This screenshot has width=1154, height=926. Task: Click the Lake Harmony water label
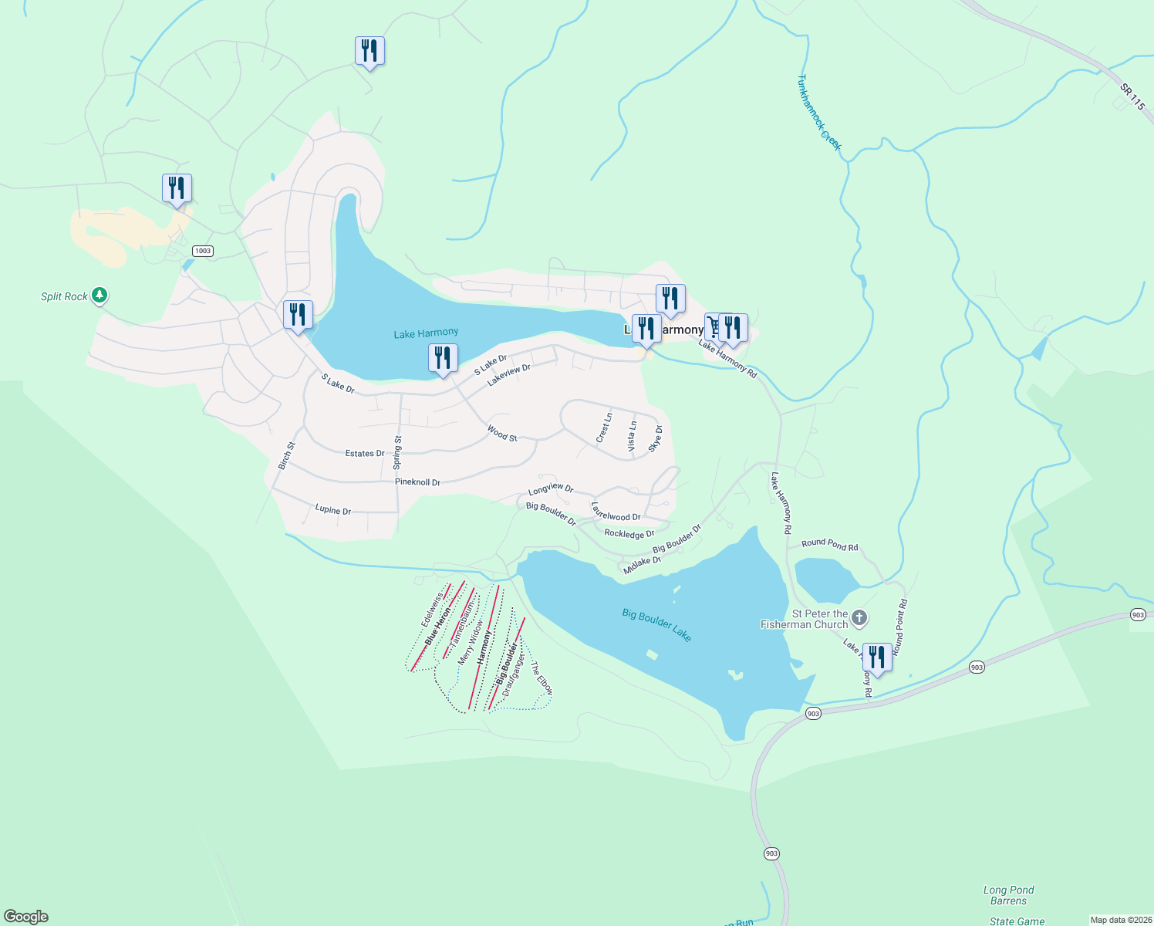tap(426, 333)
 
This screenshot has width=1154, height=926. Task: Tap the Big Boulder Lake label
tap(656, 625)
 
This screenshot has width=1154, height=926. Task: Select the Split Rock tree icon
tap(99, 295)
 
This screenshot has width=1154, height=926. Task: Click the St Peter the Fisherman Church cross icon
tap(859, 618)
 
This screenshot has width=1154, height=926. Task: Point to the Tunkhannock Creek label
tap(819, 113)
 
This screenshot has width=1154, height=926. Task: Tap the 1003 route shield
tap(202, 251)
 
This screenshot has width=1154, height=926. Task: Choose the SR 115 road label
tap(1132, 97)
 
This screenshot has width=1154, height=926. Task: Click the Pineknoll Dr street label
tap(417, 482)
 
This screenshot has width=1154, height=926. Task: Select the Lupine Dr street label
tap(332, 510)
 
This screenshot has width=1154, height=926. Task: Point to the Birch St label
tap(286, 455)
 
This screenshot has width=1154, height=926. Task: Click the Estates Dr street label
tap(364, 454)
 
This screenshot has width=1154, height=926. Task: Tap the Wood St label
tap(501, 434)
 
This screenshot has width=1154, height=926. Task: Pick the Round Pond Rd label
tap(829, 544)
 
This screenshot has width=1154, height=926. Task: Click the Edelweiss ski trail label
tap(432, 609)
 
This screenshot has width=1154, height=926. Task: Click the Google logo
tap(26, 917)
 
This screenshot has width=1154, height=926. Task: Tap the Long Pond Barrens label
tap(1008, 895)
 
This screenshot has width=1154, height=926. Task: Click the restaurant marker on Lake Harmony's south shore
tap(443, 359)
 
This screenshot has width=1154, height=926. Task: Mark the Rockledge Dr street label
tap(629, 534)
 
